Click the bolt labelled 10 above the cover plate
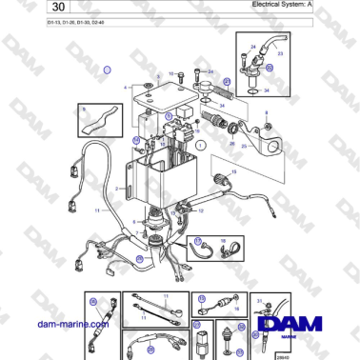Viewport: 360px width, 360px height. (x=193, y=73)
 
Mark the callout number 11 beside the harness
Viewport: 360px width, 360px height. (x=96, y=209)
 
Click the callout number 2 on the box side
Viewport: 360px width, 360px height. (x=116, y=190)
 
